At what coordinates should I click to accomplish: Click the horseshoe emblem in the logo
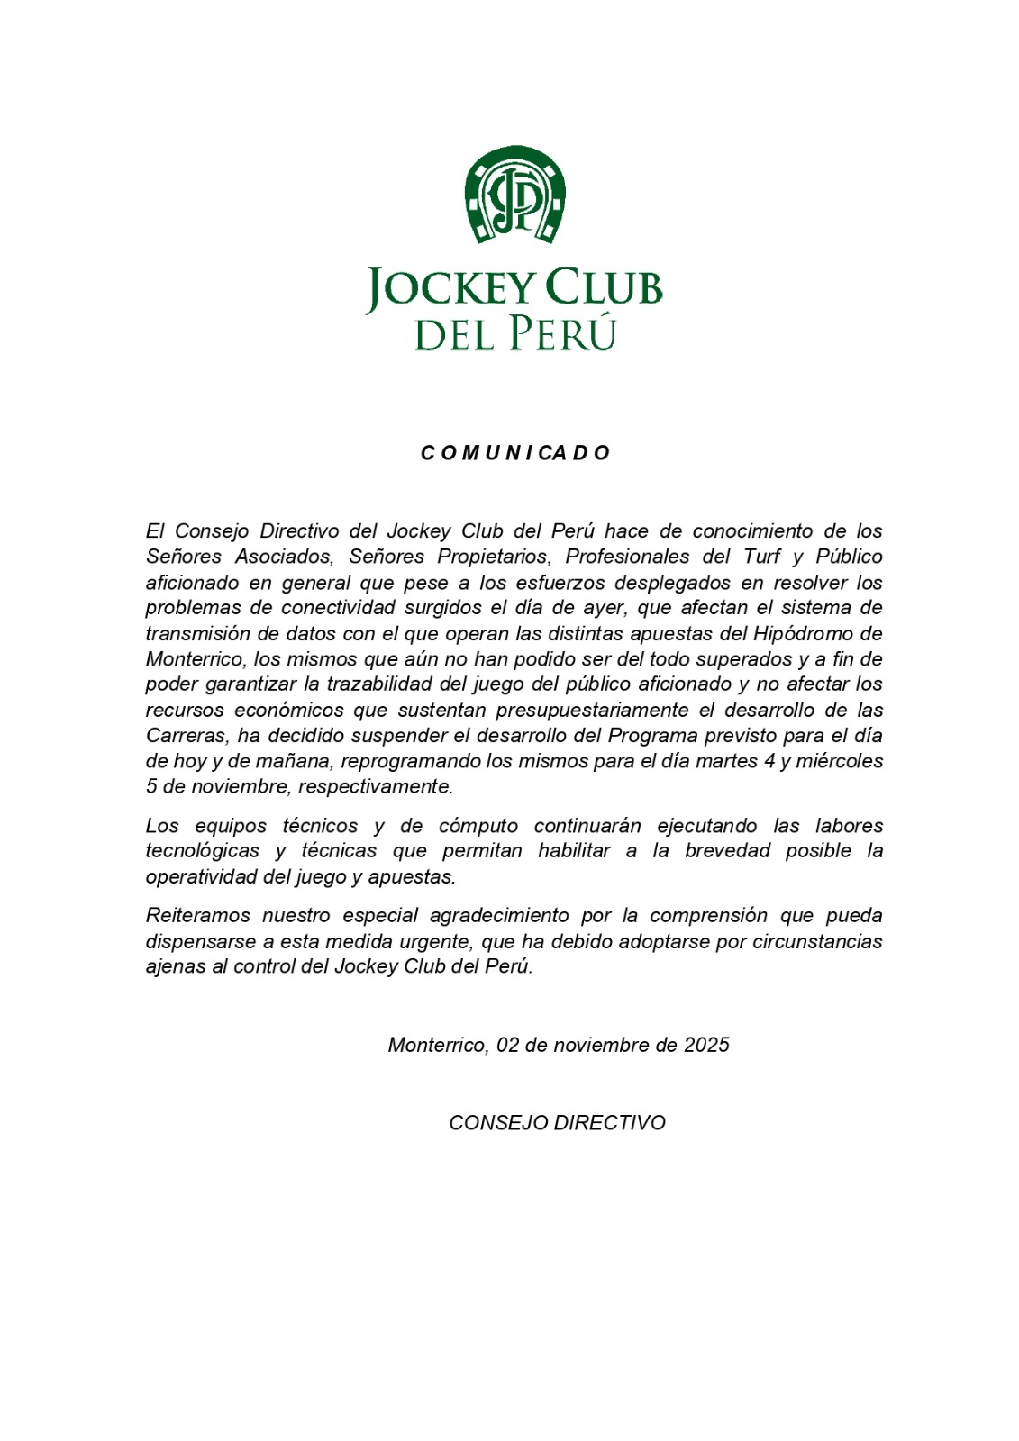pyautogui.click(x=514, y=195)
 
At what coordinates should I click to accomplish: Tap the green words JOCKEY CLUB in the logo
pyautogui.click(x=514, y=288)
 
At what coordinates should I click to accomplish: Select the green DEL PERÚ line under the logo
pyautogui.click(x=514, y=333)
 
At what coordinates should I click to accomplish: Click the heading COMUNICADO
pyautogui.click(x=515, y=453)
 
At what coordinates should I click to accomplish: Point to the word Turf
pyautogui.click(x=761, y=557)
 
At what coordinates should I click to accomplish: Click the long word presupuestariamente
pyautogui.click(x=597, y=710)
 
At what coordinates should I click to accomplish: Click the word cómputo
pyautogui.click(x=478, y=826)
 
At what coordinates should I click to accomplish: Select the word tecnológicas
pyautogui.click(x=203, y=851)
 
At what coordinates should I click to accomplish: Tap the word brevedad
pyautogui.click(x=726, y=851)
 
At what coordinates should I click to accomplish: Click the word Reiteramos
pyautogui.click(x=196, y=916)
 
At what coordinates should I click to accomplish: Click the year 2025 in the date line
pyautogui.click(x=706, y=1045)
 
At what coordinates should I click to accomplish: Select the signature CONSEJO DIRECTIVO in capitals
pyautogui.click(x=557, y=1123)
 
